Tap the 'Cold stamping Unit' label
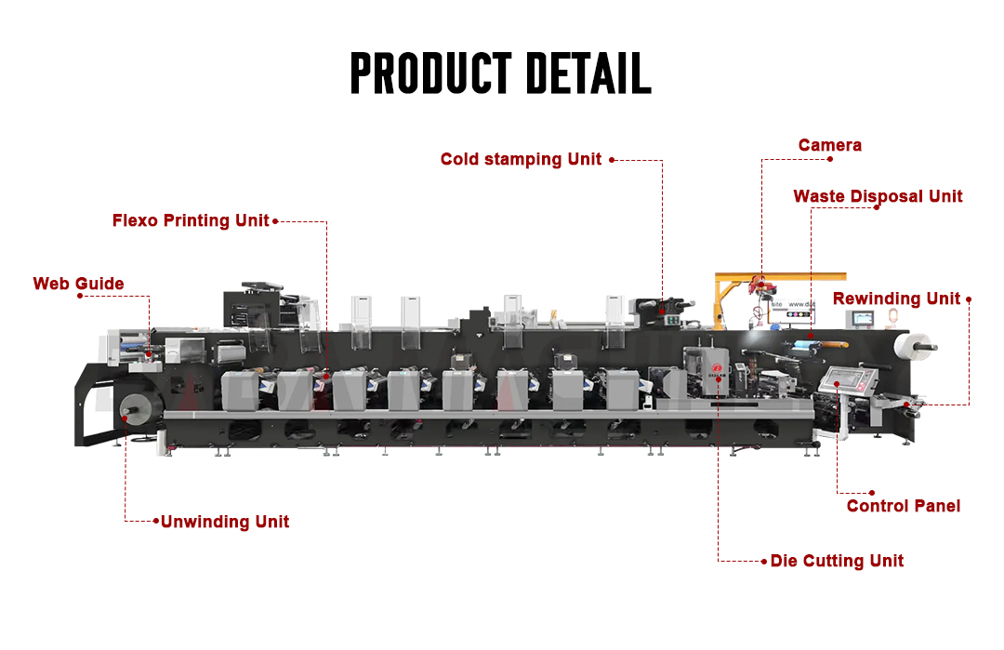pos(521,159)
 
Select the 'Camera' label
pos(829,145)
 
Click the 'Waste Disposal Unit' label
pos(878,196)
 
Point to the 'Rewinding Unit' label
pos(896,298)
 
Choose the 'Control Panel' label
pos(903,506)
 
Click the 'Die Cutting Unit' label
pos(837,561)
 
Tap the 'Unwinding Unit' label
pos(225,522)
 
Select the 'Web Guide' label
pos(78,284)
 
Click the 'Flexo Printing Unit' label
pos(191,220)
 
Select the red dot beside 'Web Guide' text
pos(80,296)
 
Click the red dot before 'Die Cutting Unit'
pos(763,561)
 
